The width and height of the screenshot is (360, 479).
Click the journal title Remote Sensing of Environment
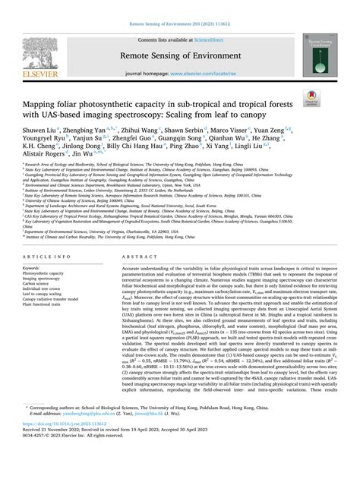[180, 56]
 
